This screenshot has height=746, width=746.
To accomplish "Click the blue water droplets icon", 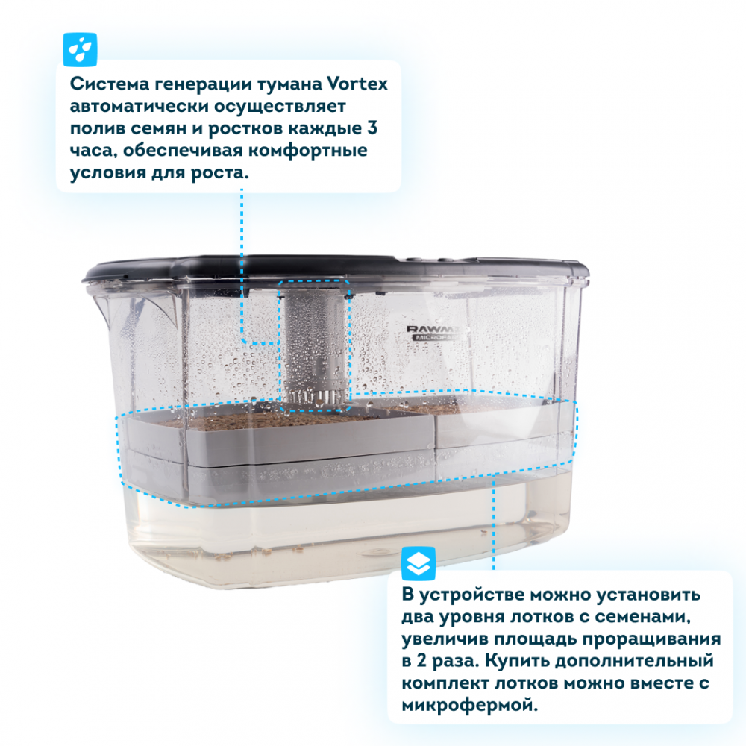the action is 80,49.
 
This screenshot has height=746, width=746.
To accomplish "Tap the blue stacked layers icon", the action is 419,564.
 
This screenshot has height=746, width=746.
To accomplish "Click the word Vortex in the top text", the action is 357,84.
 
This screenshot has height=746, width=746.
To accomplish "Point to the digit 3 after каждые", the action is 372,128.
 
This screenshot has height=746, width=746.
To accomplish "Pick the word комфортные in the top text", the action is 308,151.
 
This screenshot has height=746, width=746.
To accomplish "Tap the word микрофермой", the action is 469,706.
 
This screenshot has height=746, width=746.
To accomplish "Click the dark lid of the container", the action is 336,269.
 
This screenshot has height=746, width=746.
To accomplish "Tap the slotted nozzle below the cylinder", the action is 314,398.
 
